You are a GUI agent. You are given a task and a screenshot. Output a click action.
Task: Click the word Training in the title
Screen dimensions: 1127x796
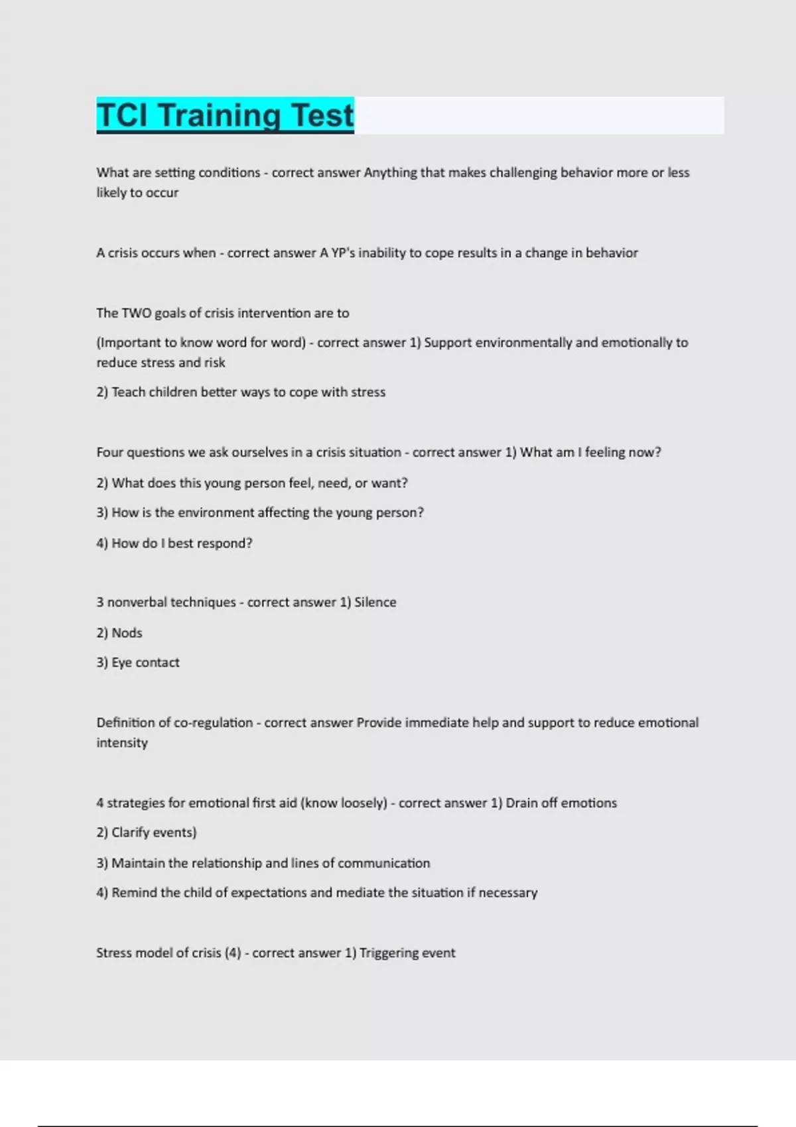tap(224, 115)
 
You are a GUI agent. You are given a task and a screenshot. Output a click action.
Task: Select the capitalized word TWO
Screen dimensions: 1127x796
tap(137, 313)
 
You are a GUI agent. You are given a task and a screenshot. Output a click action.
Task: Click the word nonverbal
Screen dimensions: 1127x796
tap(138, 602)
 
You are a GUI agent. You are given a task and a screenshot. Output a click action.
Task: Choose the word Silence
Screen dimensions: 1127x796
tap(375, 602)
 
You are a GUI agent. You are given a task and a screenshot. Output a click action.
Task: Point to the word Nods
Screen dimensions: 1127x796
tap(127, 632)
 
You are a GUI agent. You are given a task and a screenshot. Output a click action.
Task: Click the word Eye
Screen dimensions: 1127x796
tap(121, 662)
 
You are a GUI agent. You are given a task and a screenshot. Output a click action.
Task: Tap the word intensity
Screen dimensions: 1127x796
tap(122, 742)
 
